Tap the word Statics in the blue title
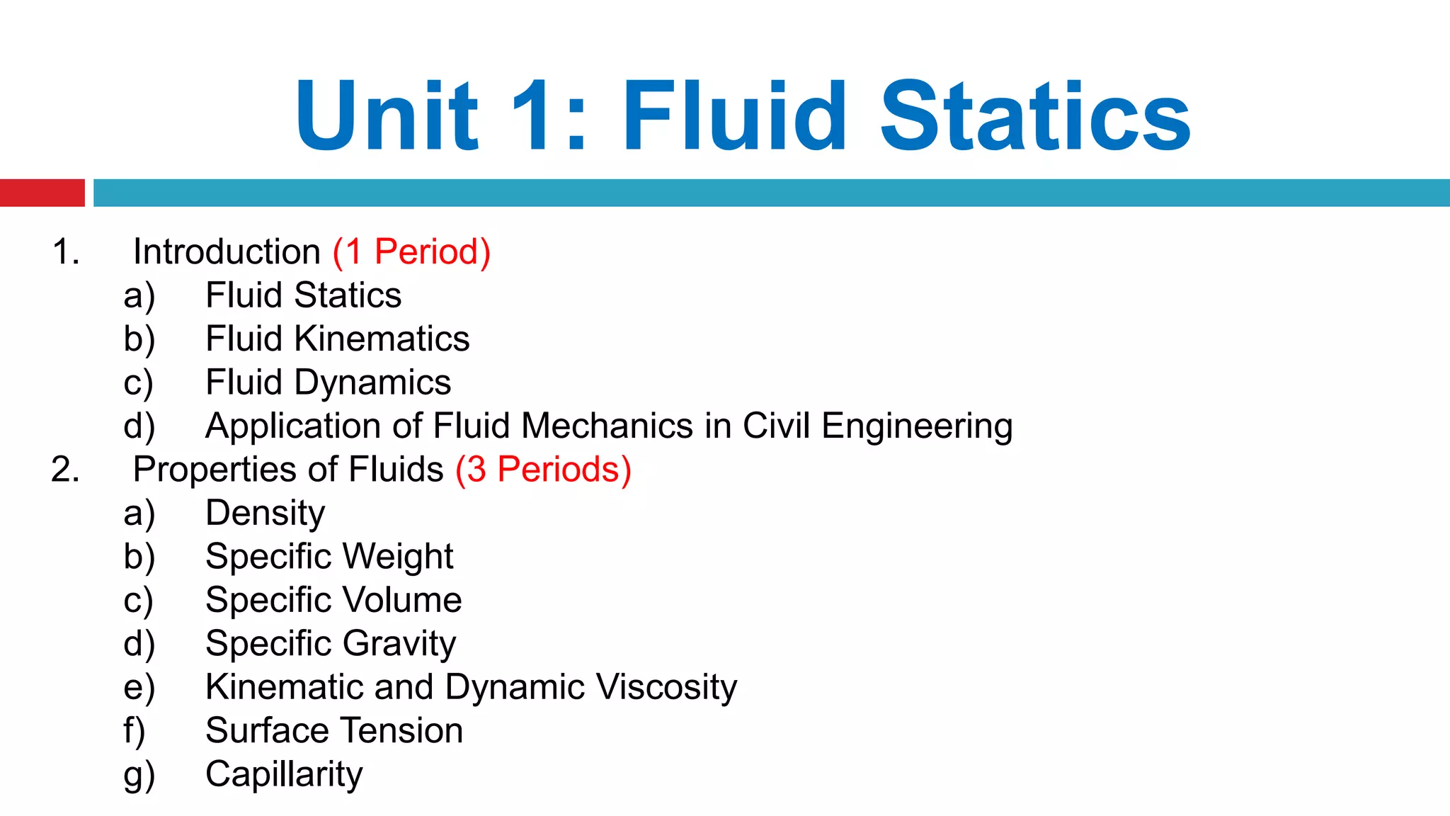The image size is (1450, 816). pyautogui.click(x=1035, y=116)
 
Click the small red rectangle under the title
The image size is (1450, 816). pyautogui.click(x=42, y=193)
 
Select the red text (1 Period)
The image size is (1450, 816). pyautogui.click(x=411, y=252)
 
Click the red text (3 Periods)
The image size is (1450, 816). pyautogui.click(x=543, y=470)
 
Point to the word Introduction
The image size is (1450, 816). pyautogui.click(x=227, y=252)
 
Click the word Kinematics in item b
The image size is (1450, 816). pyautogui.click(x=382, y=339)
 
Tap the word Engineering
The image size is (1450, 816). pyautogui.click(x=917, y=426)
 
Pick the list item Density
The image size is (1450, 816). pyautogui.click(x=265, y=514)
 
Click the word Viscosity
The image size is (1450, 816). pyautogui.click(x=666, y=687)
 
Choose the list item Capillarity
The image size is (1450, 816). pyautogui.click(x=284, y=774)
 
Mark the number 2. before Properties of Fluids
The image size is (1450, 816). pyautogui.click(x=65, y=470)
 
